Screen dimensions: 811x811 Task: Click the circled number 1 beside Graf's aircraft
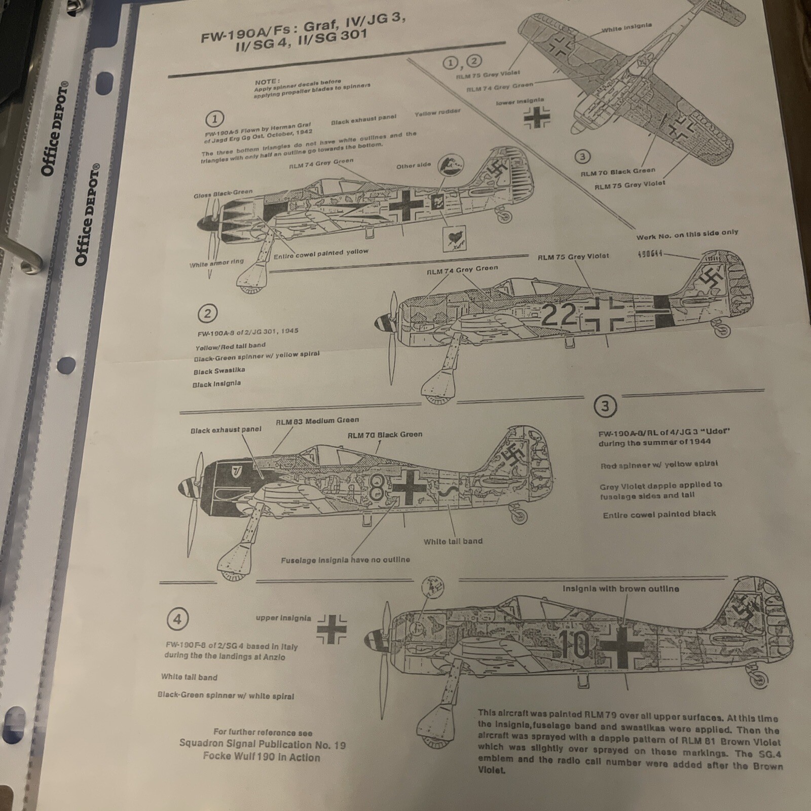pos(214,119)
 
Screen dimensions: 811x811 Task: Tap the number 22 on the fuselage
pos(559,315)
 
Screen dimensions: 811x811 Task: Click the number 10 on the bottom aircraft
pos(576,645)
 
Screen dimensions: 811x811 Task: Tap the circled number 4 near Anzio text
pos(177,619)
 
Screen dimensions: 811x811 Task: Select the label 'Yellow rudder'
pos(437,113)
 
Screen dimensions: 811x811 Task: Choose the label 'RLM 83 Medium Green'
pos(317,421)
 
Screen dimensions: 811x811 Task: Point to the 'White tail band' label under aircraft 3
pos(453,541)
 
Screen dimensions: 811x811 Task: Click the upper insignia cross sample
pos(332,629)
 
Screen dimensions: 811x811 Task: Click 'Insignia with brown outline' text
pos(620,589)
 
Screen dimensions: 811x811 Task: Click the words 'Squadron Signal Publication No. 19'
pos(262,744)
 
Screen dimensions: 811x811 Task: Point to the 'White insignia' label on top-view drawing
pos(626,27)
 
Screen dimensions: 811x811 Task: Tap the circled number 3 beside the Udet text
pos(605,406)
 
